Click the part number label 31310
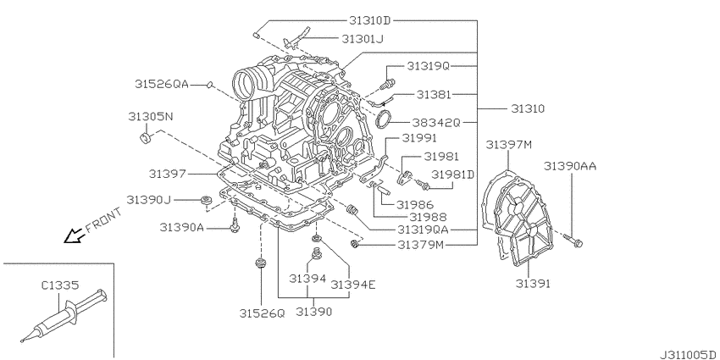528,109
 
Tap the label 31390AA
570,167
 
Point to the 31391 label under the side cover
533,284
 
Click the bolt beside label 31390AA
578,243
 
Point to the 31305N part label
151,114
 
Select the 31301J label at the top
363,39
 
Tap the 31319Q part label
427,65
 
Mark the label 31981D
453,174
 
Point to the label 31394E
352,284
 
